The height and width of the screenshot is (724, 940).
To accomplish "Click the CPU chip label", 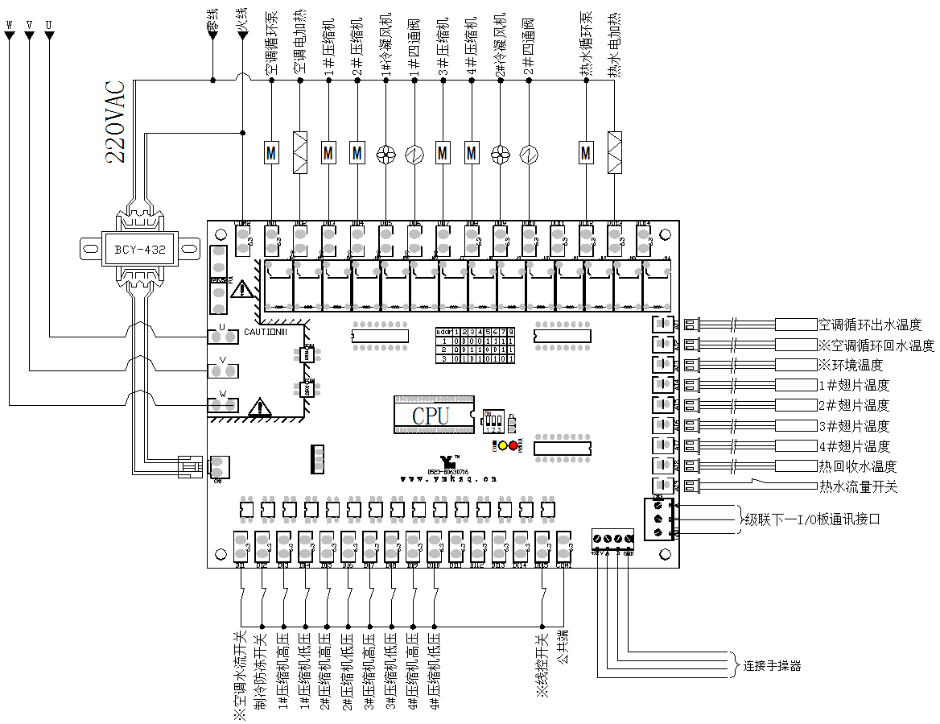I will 431,416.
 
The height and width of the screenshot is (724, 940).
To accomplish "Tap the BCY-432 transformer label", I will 134,250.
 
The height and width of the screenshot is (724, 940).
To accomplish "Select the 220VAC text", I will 116,122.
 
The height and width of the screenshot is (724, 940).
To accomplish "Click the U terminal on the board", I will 224,335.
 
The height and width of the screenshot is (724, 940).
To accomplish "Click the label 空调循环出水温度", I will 869,325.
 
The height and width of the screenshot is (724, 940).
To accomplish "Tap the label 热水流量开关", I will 858,486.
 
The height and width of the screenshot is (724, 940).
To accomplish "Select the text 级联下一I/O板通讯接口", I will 811,519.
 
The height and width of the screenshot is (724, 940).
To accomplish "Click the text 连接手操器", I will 772,665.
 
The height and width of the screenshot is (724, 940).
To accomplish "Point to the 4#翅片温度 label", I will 854,446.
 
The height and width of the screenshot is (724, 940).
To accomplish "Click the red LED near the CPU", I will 513,445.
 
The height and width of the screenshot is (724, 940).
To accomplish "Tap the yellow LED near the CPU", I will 503,445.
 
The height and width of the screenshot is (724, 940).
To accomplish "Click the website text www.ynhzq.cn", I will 449,478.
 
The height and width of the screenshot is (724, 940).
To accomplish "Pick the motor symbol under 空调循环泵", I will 271,151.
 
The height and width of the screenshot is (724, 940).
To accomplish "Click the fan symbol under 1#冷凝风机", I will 385,152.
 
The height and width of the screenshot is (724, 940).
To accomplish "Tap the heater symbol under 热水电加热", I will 615,151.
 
